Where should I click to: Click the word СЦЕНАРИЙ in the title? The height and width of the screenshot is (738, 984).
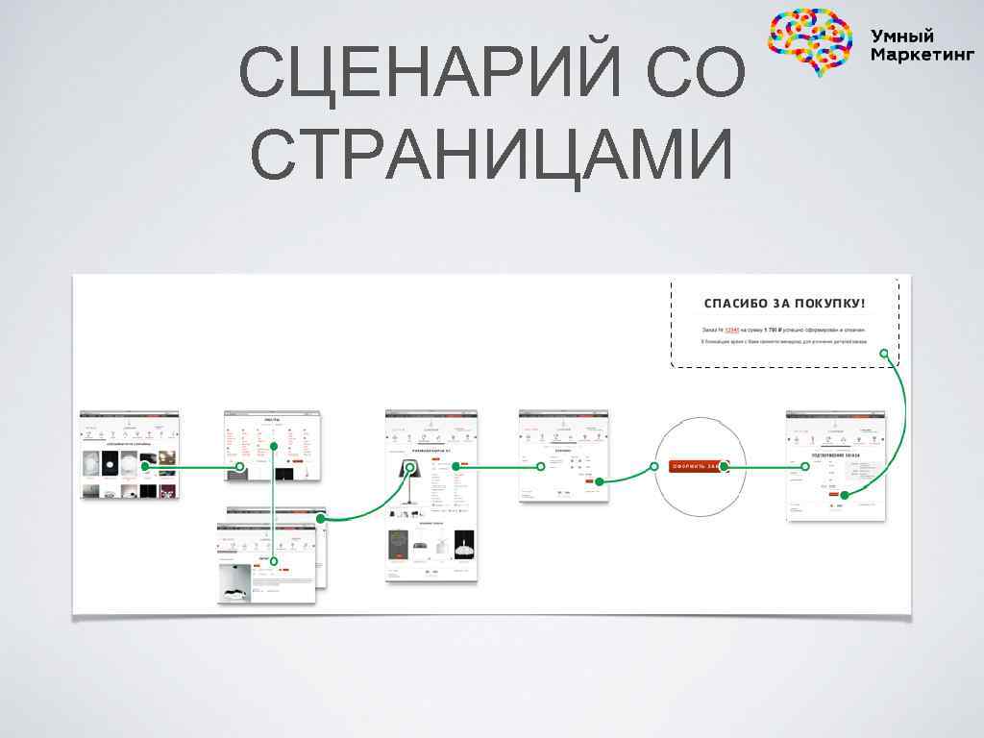[417, 74]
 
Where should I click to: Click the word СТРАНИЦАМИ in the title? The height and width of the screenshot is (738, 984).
[492, 154]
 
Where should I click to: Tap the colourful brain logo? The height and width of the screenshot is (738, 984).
[810, 40]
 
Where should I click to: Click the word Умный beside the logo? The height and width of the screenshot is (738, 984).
[902, 36]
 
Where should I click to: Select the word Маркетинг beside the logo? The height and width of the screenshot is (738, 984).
[922, 55]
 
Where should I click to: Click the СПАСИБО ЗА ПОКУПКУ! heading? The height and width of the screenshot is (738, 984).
[784, 304]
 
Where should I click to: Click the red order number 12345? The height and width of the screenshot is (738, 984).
[732, 329]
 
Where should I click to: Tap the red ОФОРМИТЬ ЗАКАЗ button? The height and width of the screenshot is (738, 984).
[695, 466]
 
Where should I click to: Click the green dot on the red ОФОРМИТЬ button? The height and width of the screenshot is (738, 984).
[725, 466]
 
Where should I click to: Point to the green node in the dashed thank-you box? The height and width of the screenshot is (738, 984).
[884, 353]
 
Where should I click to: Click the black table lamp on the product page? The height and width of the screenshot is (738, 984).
[407, 478]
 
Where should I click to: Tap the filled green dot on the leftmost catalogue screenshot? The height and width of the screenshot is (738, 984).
[145, 466]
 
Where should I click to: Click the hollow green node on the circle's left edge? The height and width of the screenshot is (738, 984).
[654, 466]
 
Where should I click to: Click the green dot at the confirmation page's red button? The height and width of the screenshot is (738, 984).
[844, 495]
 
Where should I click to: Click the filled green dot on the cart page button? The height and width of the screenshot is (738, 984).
[599, 481]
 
